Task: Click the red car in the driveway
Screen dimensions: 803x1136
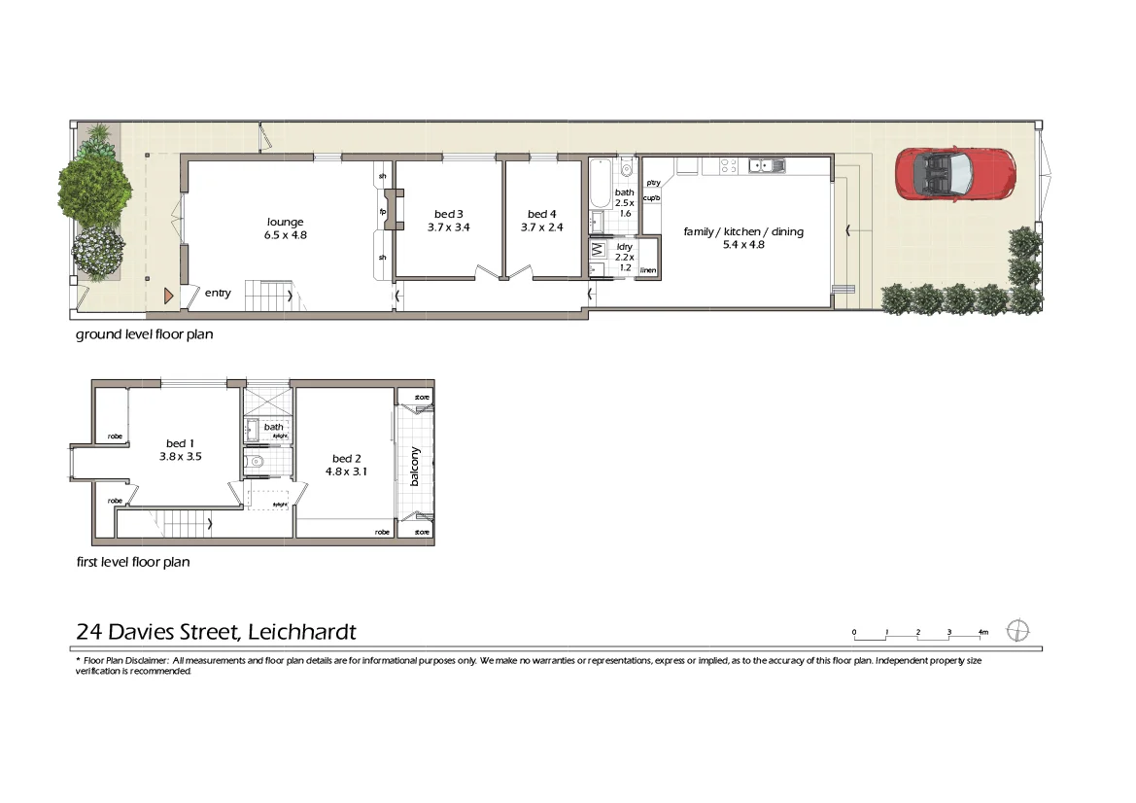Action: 952,173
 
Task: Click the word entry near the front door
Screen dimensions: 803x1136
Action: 218,293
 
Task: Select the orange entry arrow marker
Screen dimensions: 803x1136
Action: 169,294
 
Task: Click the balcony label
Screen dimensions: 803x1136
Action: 415,466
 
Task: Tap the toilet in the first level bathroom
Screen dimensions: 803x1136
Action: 255,462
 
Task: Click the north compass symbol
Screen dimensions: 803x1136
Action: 1017,630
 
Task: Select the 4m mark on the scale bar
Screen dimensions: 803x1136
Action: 981,633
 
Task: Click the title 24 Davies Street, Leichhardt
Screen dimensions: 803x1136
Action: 216,632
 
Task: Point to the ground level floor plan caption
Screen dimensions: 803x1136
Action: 144,334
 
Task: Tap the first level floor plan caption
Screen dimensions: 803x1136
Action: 132,561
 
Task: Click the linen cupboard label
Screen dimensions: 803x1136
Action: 647,269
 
